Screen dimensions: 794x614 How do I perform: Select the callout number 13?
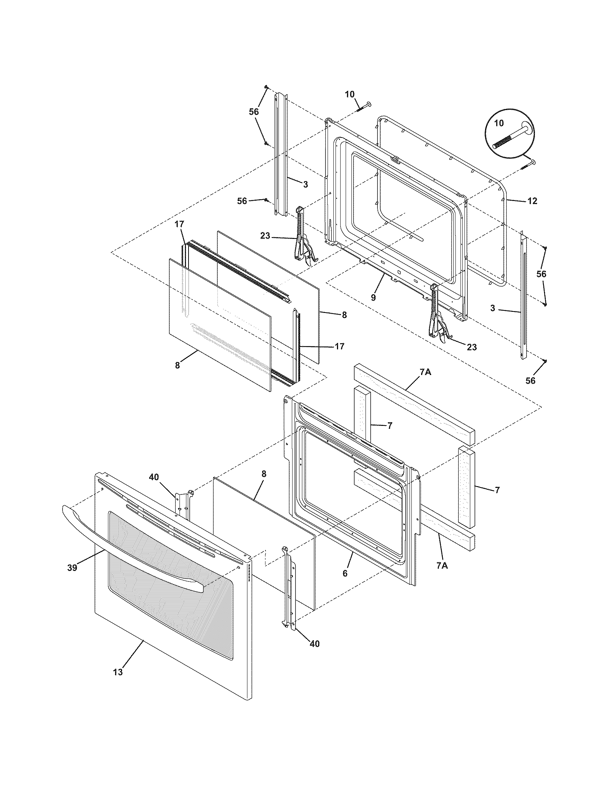(x=118, y=672)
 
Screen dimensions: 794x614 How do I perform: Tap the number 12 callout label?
(x=532, y=201)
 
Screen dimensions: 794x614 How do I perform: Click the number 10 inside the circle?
(x=499, y=123)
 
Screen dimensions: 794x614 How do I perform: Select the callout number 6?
(x=345, y=573)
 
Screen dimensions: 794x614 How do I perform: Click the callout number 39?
(x=72, y=567)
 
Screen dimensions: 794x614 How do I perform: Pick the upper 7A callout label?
(x=425, y=371)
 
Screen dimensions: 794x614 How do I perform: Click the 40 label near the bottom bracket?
(x=315, y=644)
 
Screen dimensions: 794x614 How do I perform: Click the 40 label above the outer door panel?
(x=154, y=477)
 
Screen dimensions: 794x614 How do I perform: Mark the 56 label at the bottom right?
(x=530, y=381)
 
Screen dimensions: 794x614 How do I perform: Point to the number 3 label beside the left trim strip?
(x=305, y=185)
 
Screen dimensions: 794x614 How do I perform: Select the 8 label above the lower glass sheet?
(x=264, y=474)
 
